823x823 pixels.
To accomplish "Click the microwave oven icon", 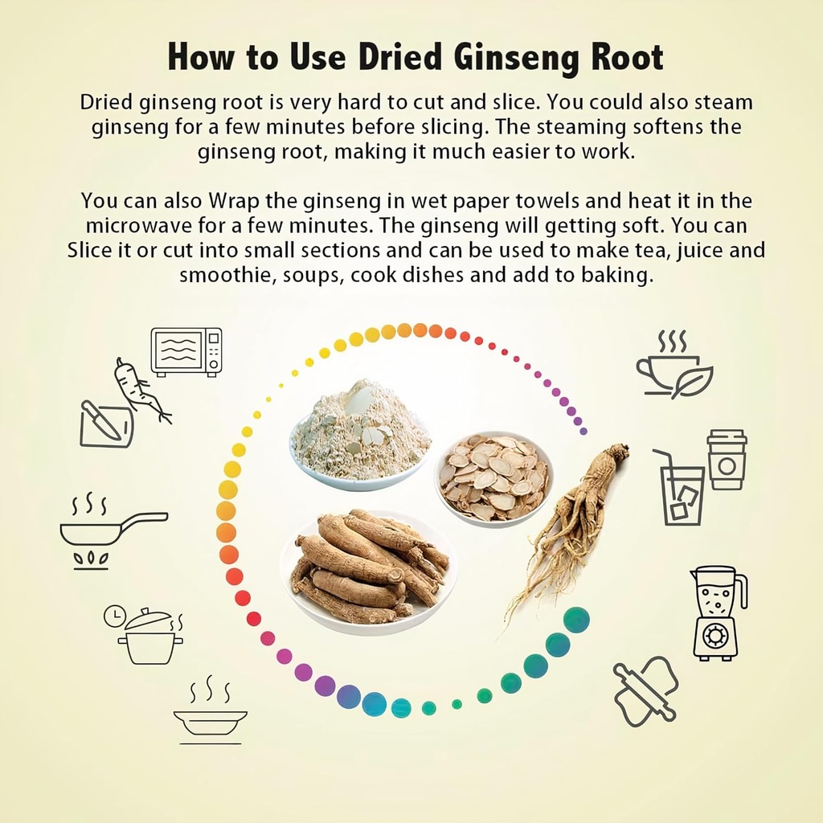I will tap(186, 351).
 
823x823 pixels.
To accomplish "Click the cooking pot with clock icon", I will tap(146, 637).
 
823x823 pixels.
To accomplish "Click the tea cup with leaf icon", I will tap(674, 367).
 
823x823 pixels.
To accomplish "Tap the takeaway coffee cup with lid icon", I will tap(727, 459).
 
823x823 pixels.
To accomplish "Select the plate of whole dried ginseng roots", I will tap(368, 567).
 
